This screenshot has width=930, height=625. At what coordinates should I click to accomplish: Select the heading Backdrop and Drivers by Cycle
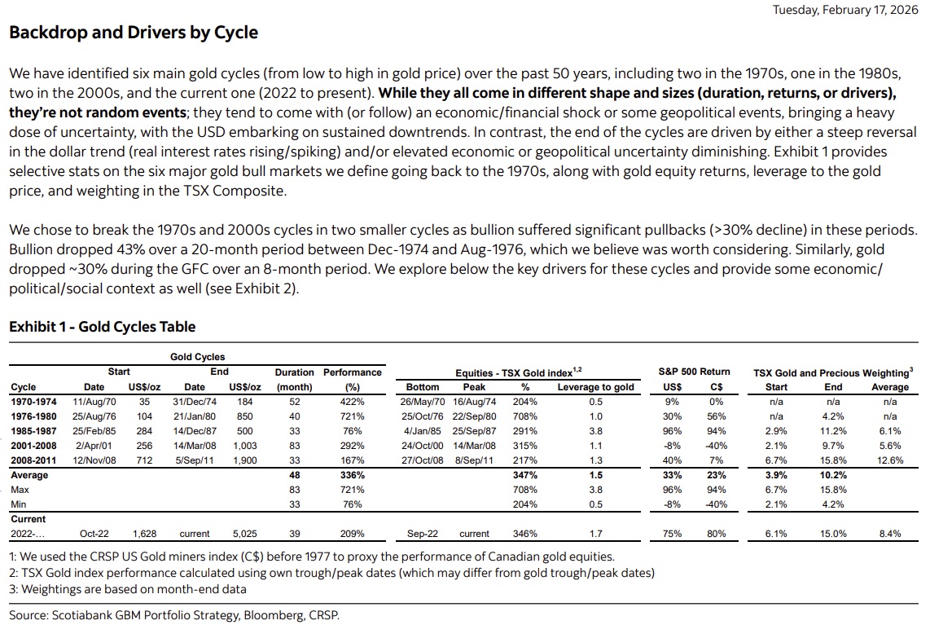[x=134, y=33]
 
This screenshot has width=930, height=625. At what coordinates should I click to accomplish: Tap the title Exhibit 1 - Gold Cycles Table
[x=103, y=327]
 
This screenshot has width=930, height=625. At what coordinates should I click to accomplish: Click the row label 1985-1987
[x=34, y=431]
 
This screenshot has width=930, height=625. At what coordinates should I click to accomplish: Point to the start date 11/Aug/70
[x=94, y=402]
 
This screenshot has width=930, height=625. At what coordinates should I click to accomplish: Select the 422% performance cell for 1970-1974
[x=353, y=402]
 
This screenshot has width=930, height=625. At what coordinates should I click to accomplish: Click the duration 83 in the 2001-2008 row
[x=295, y=446]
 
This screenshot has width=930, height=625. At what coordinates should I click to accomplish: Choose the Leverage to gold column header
[x=595, y=387]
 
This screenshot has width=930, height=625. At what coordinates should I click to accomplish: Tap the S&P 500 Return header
[x=694, y=372]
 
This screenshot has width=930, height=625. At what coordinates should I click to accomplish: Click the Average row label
[x=29, y=475]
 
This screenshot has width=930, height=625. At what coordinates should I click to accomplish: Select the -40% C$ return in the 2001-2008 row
[x=715, y=446]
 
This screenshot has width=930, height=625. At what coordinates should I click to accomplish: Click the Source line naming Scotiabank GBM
[x=174, y=614]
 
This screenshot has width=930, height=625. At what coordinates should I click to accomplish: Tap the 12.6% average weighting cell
[x=889, y=460]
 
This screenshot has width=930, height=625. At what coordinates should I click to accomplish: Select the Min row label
[x=19, y=504]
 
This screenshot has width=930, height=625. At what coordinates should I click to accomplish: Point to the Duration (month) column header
[x=295, y=380]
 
